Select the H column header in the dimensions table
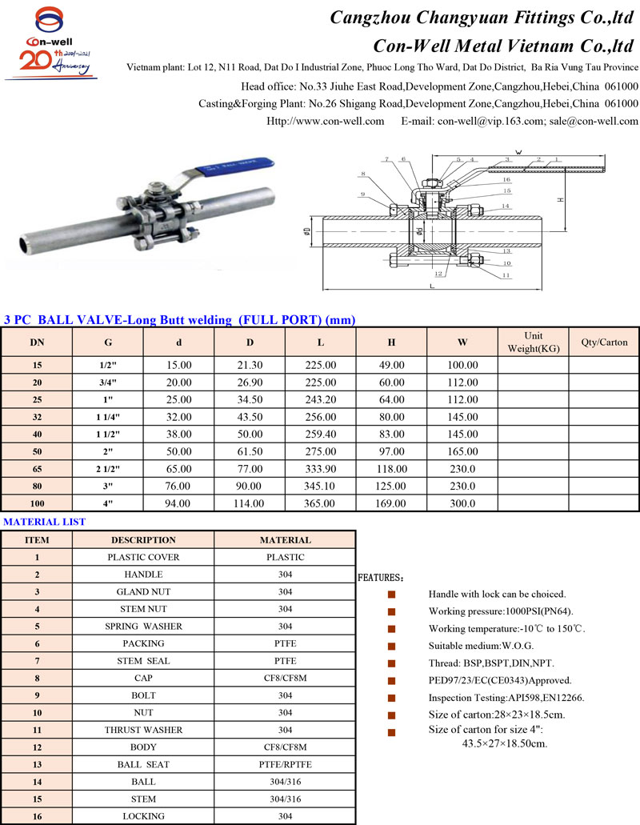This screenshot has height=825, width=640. point(391,342)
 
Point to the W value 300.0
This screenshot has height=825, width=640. point(462,503)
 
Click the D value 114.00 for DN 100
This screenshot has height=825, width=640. point(249,503)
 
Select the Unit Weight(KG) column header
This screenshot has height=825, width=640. point(533,342)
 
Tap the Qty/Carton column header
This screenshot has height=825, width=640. point(604,342)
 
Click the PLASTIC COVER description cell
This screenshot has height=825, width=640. point(143,557)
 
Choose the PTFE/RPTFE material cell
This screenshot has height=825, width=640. point(285,764)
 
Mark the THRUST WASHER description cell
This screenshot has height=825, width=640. point(143,730)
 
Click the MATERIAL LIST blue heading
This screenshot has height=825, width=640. point(45,522)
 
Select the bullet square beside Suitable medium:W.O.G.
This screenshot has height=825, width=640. point(391,646)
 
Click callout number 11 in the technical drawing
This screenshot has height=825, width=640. point(506,276)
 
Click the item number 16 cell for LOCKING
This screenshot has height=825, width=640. point(37,816)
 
